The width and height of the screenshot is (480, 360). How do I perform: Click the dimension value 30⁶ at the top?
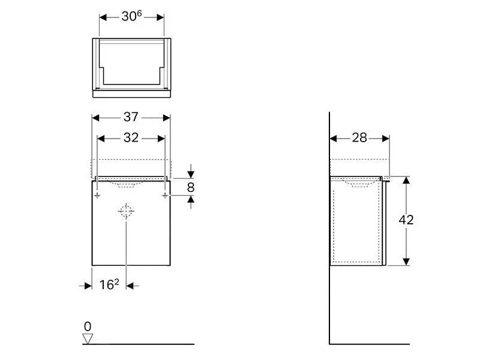(131, 17)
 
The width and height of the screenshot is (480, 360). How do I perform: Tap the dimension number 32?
(131, 138)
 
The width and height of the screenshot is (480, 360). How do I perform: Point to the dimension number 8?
(191, 187)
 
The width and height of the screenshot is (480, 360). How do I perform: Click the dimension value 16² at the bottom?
(109, 285)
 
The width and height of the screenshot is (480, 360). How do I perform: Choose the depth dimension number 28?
(359, 138)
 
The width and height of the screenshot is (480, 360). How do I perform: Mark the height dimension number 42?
(406, 220)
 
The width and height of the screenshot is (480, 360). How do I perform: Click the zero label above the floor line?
(88, 326)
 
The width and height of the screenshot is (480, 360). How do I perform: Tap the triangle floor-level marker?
(88, 338)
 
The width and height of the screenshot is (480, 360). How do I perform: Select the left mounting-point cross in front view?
(97, 195)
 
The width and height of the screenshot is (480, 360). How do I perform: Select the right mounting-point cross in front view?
(164, 195)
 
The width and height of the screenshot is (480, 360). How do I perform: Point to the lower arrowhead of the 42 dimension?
(406, 260)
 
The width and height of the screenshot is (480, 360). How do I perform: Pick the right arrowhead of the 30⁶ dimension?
(160, 17)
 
